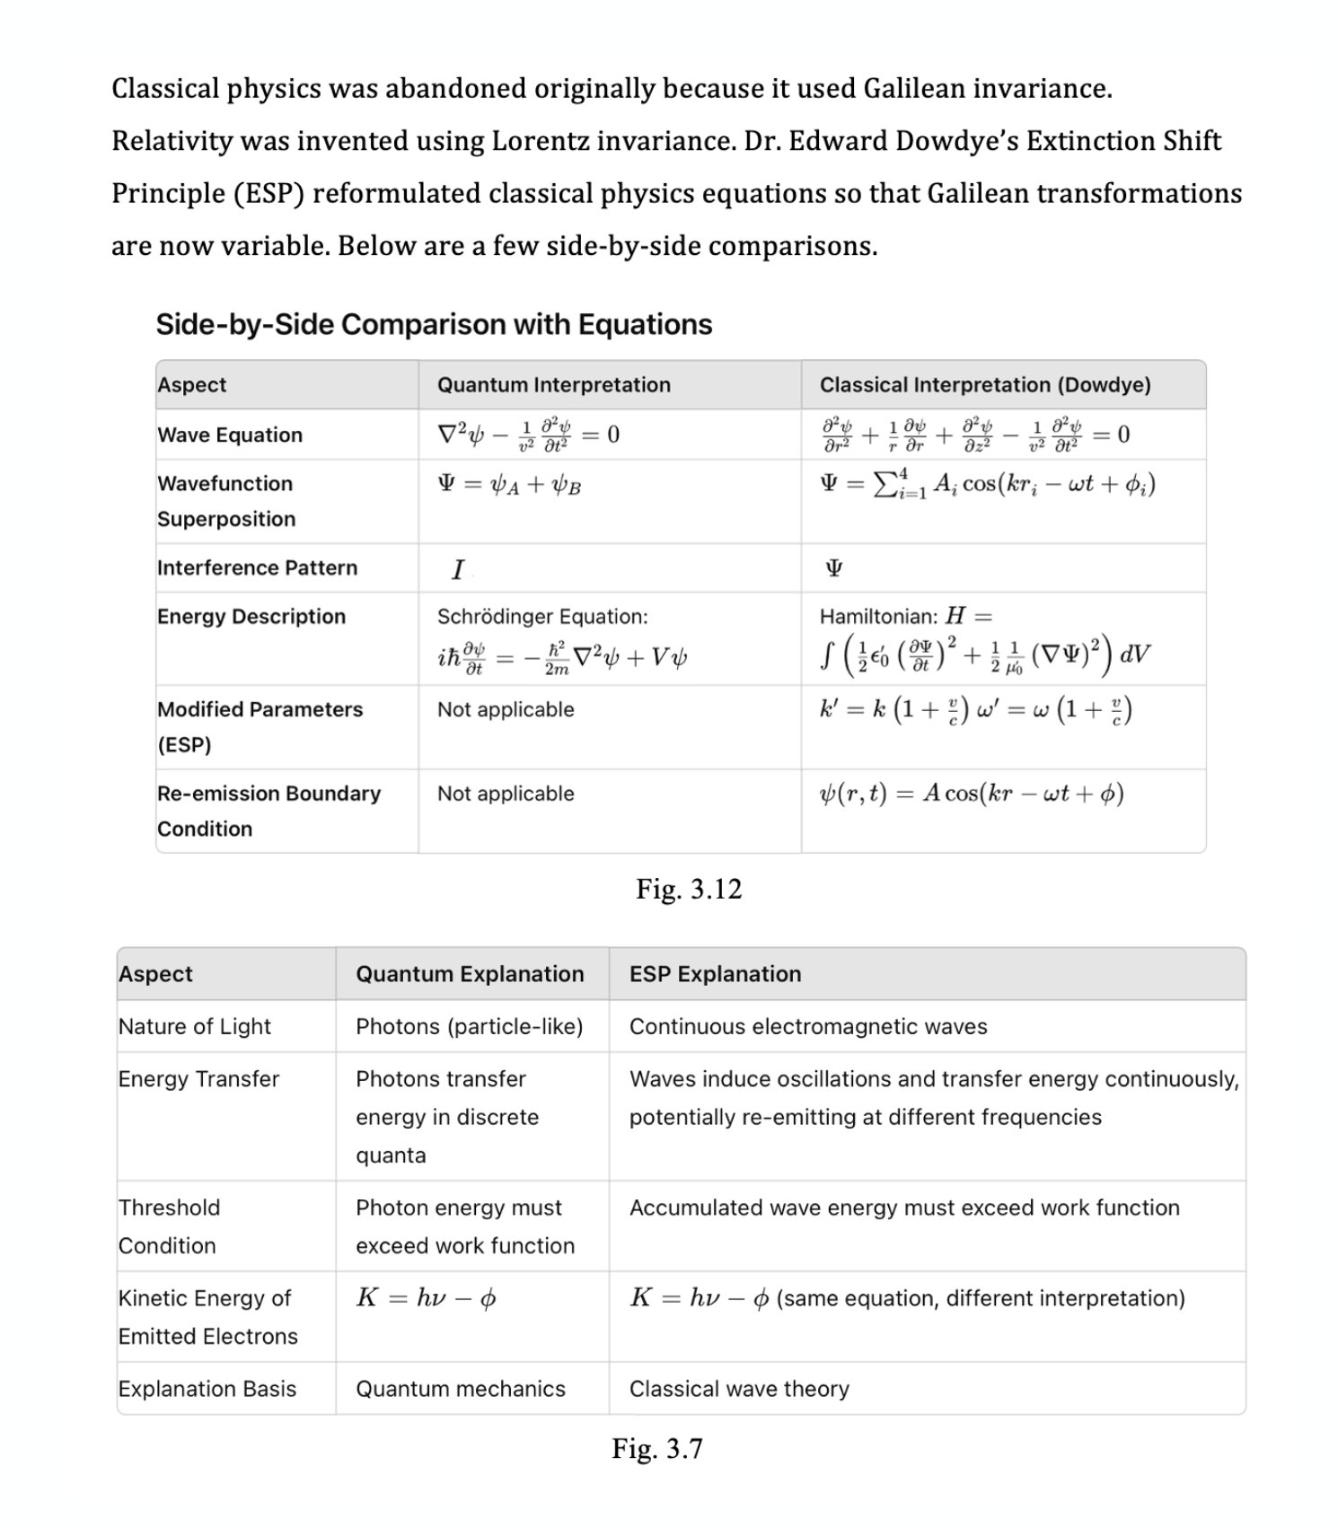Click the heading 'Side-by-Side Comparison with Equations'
pos(434,324)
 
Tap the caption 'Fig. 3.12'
pos(689,889)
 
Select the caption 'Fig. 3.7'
pos(657,1448)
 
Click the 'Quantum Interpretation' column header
pos(553,385)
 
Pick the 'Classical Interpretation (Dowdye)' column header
pos(984,385)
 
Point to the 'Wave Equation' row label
pos(230,435)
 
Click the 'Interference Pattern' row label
pos(257,568)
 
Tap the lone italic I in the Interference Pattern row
pos(458,569)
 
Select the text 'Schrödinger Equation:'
pos(541,617)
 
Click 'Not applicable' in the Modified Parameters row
pos(506,710)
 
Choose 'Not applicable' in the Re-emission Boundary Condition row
pos(506,794)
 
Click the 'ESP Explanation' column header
pos(715,974)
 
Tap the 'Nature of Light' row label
pos(194,1026)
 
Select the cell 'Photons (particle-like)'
pos(469,1026)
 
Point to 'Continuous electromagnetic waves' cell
pos(807,1026)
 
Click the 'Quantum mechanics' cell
pos(460,1389)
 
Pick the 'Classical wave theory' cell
pos(738,1389)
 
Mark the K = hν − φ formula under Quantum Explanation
pos(426,1298)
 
